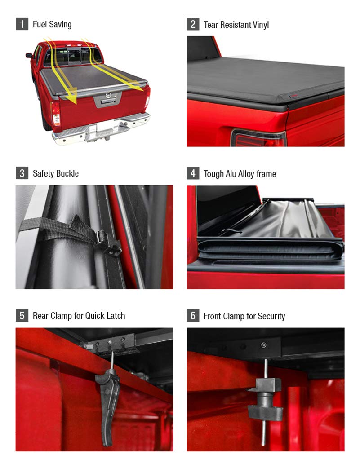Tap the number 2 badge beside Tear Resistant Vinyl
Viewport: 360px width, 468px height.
(x=193, y=24)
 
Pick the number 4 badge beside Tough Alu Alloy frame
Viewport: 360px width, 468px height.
(x=193, y=173)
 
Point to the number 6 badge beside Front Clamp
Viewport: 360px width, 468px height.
(x=193, y=316)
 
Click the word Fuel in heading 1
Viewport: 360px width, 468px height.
(x=40, y=24)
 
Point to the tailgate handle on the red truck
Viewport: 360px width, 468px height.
(x=107, y=102)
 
